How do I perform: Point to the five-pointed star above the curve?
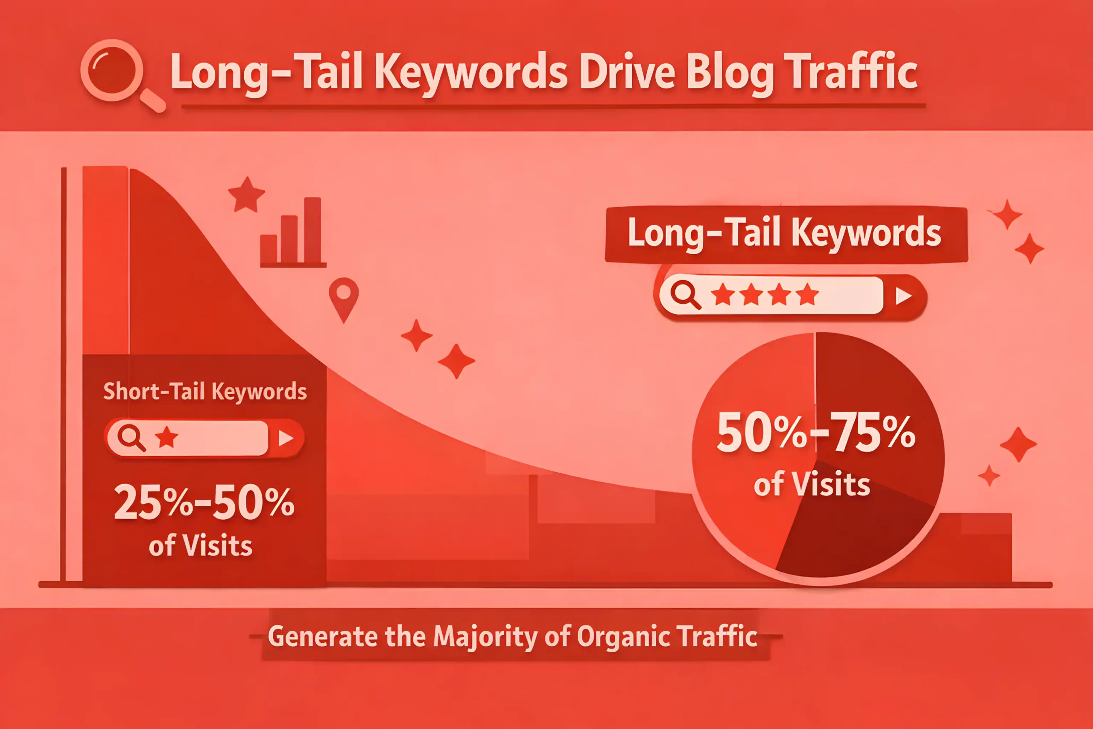click(246, 195)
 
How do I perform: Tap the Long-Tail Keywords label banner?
click(786, 234)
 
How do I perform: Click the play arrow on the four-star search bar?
click(903, 296)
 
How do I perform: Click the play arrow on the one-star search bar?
click(285, 438)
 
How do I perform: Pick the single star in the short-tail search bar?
click(167, 437)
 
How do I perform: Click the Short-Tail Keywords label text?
click(205, 392)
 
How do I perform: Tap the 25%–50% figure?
click(204, 502)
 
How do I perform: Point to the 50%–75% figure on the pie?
click(816, 432)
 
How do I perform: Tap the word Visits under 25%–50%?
click(217, 545)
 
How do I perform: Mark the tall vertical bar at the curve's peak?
click(105, 261)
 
